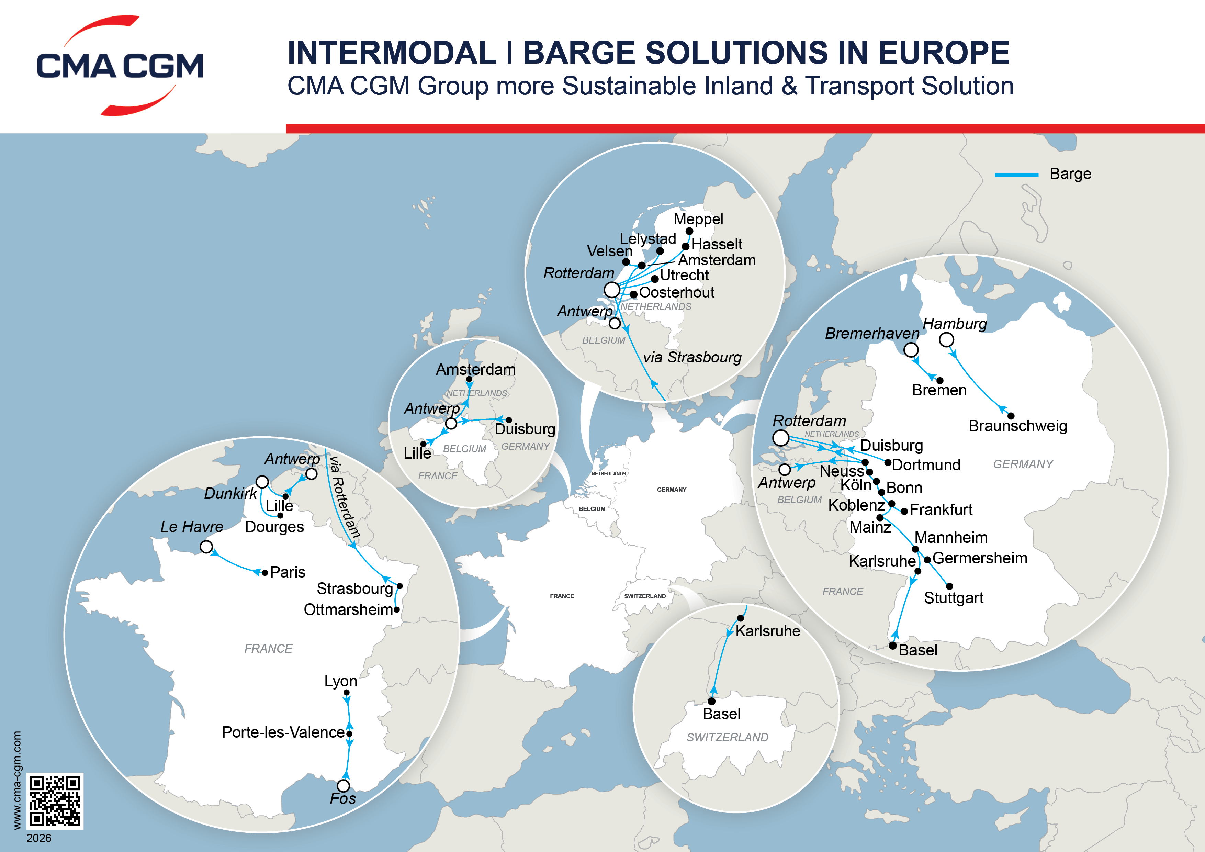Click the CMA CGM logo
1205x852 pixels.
click(120, 66)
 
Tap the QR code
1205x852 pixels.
click(55, 800)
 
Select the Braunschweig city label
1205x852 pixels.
click(1018, 426)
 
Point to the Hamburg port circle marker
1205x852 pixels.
click(946, 340)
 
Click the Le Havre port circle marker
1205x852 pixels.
click(206, 547)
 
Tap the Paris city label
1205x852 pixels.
click(288, 572)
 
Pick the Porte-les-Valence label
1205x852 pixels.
click(283, 732)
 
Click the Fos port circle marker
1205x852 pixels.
click(343, 786)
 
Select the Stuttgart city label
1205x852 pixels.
click(954, 598)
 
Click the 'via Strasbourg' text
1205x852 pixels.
click(692, 358)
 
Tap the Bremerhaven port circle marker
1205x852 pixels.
click(911, 350)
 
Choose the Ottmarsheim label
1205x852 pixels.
click(348, 609)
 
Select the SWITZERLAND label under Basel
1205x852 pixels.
click(728, 738)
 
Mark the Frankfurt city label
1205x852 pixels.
click(941, 510)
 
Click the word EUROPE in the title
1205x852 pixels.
click(943, 53)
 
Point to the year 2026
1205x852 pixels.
click(39, 838)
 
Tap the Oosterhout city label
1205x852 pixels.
click(676, 292)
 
